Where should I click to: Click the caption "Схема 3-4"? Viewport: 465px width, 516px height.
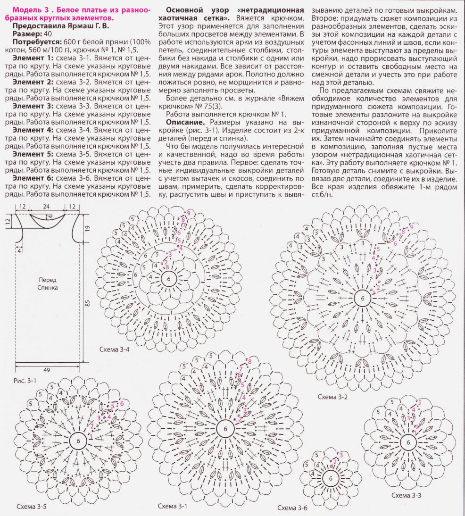pyautogui.click(x=115, y=350)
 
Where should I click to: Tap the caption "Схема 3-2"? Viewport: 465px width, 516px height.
pyautogui.click(x=332, y=397)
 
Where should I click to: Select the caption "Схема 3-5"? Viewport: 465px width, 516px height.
pyautogui.click(x=31, y=507)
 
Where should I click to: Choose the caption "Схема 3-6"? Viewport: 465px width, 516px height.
pyautogui.click(x=292, y=508)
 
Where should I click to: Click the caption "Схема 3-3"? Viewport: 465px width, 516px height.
pyautogui.click(x=406, y=495)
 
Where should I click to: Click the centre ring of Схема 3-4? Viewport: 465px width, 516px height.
pyautogui.click(x=168, y=279)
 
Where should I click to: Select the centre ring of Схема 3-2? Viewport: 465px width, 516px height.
pyautogui.click(x=362, y=299)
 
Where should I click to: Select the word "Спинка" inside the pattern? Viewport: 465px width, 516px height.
pyautogui.click(x=48, y=287)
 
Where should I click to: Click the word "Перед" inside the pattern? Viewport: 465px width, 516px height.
pyautogui.click(x=48, y=279)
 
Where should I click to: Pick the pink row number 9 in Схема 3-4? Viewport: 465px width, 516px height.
pyautogui.click(x=188, y=214)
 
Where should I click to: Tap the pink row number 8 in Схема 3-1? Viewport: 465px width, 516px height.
pyautogui.click(x=249, y=362)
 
